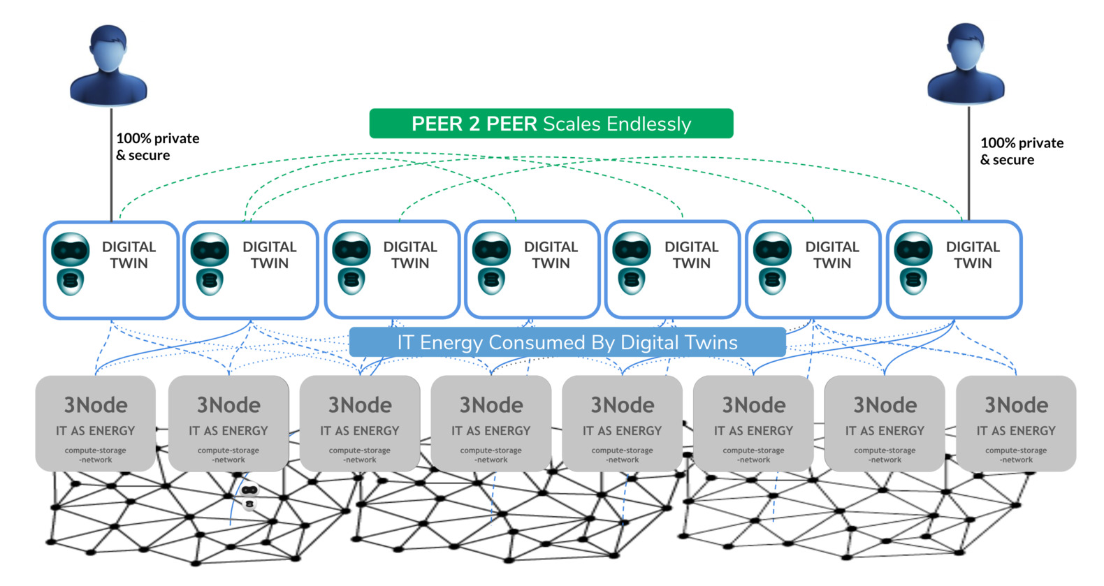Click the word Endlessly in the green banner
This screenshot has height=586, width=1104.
click(648, 124)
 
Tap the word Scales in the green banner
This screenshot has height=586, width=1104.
click(572, 124)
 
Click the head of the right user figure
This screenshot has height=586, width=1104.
click(966, 46)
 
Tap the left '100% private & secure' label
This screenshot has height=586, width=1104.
click(157, 147)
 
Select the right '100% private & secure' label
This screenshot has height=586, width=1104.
click(1021, 152)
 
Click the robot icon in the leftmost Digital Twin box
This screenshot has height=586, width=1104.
click(71, 264)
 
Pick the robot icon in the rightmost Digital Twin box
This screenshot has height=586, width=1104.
click(913, 264)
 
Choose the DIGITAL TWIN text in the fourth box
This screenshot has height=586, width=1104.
click(551, 255)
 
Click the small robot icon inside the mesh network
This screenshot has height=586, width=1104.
click(249, 496)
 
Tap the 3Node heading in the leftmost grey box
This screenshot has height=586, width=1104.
click(96, 405)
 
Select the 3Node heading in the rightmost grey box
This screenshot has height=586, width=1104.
click(1016, 405)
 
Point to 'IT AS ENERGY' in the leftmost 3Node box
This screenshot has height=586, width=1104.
click(96, 431)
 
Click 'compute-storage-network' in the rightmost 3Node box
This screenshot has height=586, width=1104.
click(1016, 455)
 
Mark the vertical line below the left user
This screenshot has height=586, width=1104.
click(111, 164)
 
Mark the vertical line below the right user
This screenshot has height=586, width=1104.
click(968, 164)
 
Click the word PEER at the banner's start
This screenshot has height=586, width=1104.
click(435, 124)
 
